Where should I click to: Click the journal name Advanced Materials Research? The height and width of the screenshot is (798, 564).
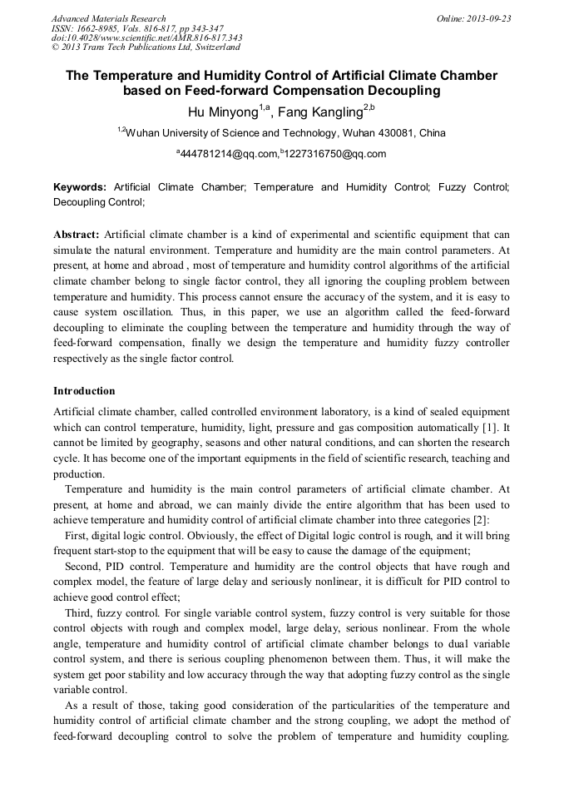[108, 18]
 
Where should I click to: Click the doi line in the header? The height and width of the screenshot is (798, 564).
[147, 37]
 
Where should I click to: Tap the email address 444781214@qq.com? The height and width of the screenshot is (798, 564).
[230, 154]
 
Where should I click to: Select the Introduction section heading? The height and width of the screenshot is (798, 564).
[84, 391]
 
